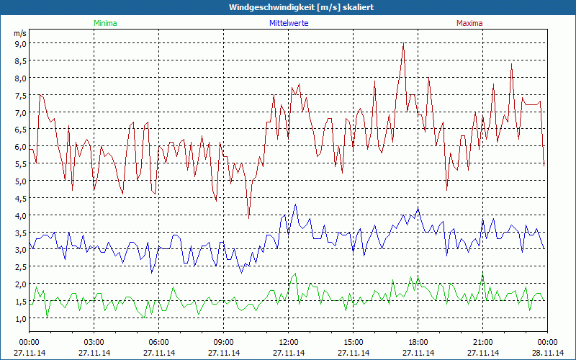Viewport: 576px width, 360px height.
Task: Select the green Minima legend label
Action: click(x=104, y=23)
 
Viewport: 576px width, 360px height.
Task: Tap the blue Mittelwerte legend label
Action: click(x=288, y=23)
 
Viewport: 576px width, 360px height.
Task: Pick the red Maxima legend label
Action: click(x=469, y=23)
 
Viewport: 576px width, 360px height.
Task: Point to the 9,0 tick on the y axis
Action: click(x=20, y=43)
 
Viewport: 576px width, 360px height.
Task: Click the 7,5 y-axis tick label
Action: click(x=20, y=95)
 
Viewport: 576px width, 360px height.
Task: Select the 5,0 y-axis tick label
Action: click(x=20, y=181)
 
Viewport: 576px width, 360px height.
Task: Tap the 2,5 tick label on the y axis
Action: click(x=20, y=266)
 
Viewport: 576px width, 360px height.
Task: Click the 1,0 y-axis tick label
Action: click(x=20, y=318)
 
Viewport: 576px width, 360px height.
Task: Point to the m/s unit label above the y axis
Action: click(x=20, y=33)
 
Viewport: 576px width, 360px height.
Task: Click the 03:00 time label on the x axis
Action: click(x=94, y=342)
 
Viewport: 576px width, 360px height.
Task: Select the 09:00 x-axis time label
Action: click(x=224, y=342)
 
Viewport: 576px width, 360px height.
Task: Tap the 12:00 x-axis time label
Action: click(x=289, y=342)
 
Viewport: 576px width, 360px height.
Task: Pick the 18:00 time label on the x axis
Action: click(x=418, y=342)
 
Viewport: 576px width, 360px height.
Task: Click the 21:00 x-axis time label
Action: click(x=483, y=342)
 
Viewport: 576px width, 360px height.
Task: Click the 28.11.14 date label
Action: click(x=547, y=353)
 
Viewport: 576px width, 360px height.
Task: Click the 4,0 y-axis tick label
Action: click(x=20, y=215)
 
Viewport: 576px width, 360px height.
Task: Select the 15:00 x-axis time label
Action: click(x=354, y=342)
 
